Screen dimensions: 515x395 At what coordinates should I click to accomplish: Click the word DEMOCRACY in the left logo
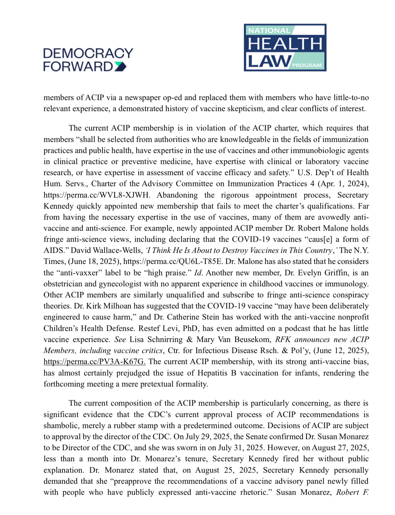click(88, 53)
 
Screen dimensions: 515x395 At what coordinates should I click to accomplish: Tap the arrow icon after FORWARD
click(120, 66)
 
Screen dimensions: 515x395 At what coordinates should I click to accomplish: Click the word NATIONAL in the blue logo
click(269, 30)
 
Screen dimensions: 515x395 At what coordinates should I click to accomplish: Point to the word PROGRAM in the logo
click(307, 65)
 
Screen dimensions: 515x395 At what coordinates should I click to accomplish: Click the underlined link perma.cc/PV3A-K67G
click(94, 362)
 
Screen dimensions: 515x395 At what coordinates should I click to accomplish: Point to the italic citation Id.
click(198, 273)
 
